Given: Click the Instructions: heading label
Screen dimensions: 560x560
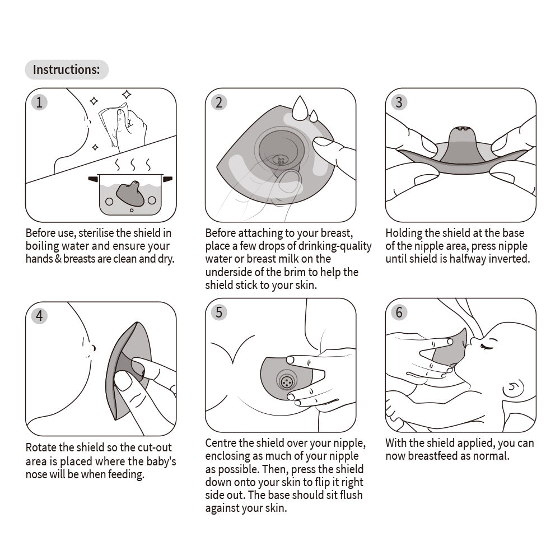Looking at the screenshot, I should pos(66,70).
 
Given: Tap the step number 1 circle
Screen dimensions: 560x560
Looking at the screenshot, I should pos(39,102).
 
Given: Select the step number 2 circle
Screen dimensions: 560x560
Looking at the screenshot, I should pos(219,102).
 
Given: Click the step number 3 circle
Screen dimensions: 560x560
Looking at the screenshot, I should pos(399,102).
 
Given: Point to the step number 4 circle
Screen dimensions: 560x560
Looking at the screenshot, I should pos(39,315).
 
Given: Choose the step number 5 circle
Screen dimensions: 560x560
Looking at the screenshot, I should pos(219,312).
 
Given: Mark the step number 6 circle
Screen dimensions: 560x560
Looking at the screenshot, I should pos(399,312).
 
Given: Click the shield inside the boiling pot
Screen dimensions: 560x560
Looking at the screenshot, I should pos(129,193).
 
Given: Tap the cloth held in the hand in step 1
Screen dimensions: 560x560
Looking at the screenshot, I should pos(111,124).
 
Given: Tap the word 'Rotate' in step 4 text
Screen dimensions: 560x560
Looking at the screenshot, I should pos(41,448).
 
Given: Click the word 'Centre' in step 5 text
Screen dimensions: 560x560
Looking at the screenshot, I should pos(221,444).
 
